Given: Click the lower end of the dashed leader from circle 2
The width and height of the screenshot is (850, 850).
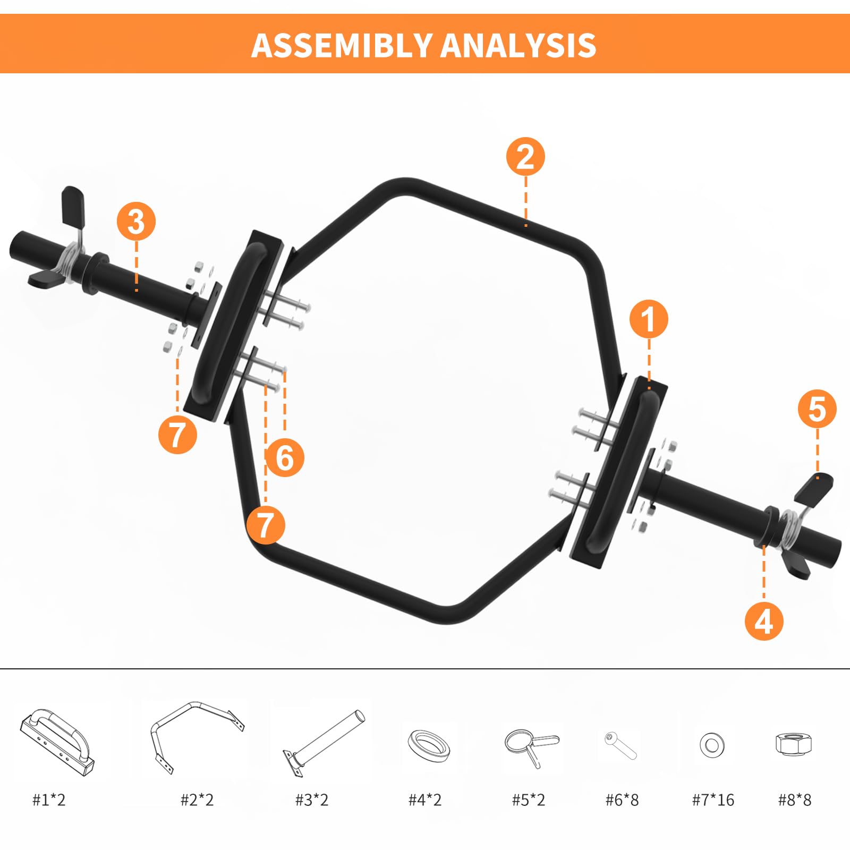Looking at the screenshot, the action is point(526,226).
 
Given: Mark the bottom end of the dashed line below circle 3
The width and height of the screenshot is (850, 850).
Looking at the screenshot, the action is point(137,290).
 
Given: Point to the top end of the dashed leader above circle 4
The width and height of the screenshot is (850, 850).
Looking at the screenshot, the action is point(764,545).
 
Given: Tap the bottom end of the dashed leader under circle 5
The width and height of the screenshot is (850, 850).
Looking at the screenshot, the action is point(818,478).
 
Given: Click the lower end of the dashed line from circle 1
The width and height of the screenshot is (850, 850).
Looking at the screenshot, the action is point(649,389).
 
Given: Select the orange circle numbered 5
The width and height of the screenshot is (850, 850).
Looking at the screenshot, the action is point(817,409).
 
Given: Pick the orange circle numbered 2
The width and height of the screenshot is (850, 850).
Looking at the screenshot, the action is point(525,157).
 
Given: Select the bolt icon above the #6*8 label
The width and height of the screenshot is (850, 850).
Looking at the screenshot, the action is point(620,745).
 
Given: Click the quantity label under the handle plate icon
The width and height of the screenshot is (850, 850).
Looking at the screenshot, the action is point(49,800).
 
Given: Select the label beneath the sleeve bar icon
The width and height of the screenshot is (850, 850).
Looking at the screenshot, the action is point(312,800).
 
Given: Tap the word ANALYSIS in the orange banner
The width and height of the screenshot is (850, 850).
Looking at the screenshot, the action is point(518,45).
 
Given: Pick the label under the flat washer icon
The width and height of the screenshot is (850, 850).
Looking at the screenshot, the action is point(713,800).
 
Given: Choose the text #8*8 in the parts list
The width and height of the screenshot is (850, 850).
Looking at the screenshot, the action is point(795,800).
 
